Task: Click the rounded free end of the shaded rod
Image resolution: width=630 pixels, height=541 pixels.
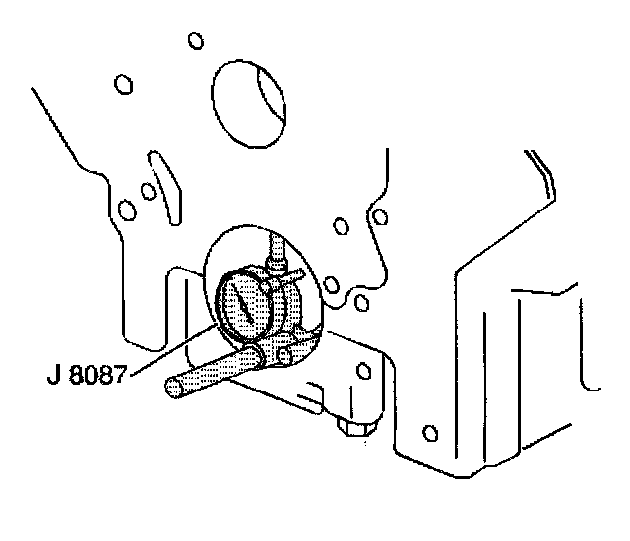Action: click(x=174, y=390)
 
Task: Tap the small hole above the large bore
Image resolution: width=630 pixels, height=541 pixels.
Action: click(x=195, y=41)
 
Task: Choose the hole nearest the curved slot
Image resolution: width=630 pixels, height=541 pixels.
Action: click(x=147, y=190)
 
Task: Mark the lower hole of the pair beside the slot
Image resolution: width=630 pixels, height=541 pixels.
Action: click(x=126, y=210)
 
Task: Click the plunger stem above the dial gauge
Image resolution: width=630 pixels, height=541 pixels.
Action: click(x=276, y=251)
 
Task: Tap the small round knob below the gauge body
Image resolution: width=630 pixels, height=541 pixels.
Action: click(x=286, y=351)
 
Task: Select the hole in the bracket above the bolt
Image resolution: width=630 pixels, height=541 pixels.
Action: click(x=366, y=370)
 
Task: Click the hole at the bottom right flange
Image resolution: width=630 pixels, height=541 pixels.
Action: click(x=429, y=432)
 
